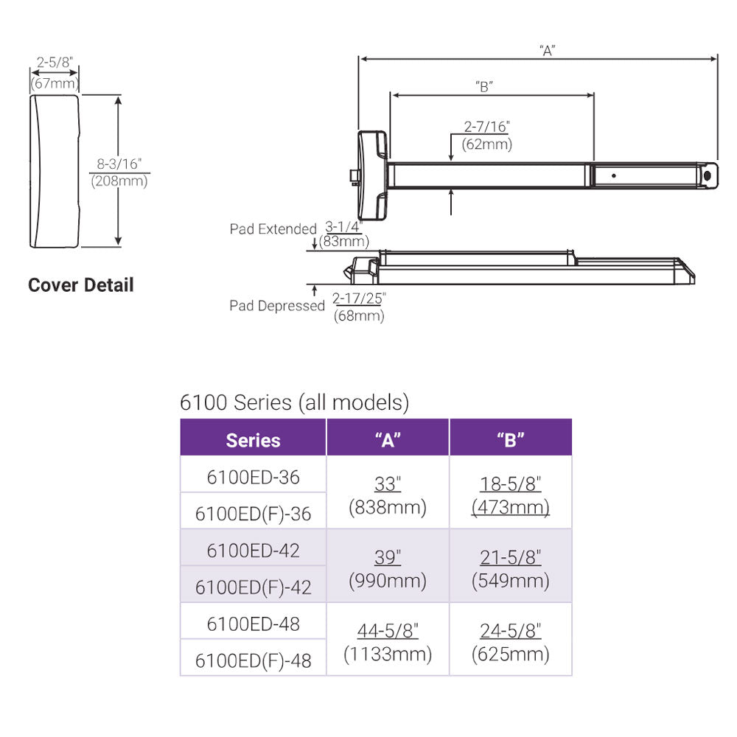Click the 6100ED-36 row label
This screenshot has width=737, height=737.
coord(253,477)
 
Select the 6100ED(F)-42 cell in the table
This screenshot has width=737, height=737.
coord(253,587)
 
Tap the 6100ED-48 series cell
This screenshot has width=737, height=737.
coord(253,624)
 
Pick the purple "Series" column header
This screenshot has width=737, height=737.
coord(253,440)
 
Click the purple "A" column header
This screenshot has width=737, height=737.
coord(388,440)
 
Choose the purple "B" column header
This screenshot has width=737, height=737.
coord(510,440)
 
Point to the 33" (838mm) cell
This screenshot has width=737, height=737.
coord(388,495)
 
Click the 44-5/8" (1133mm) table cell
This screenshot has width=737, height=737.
coord(388,641)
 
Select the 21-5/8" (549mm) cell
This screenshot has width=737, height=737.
coord(510,569)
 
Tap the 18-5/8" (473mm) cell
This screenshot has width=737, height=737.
coord(510,495)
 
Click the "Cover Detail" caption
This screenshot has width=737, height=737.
coord(81,285)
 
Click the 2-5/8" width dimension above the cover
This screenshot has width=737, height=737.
coord(55,63)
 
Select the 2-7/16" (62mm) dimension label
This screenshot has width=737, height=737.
coord(486,136)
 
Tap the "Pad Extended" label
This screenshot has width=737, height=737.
coord(273,229)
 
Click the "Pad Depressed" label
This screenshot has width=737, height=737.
coord(276,305)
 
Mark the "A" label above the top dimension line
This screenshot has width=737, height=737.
coord(546,50)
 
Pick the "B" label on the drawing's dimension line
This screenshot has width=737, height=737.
coord(483,86)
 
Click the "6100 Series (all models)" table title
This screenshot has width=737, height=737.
coord(294,402)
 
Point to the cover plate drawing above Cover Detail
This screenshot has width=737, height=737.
coord(53,171)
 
